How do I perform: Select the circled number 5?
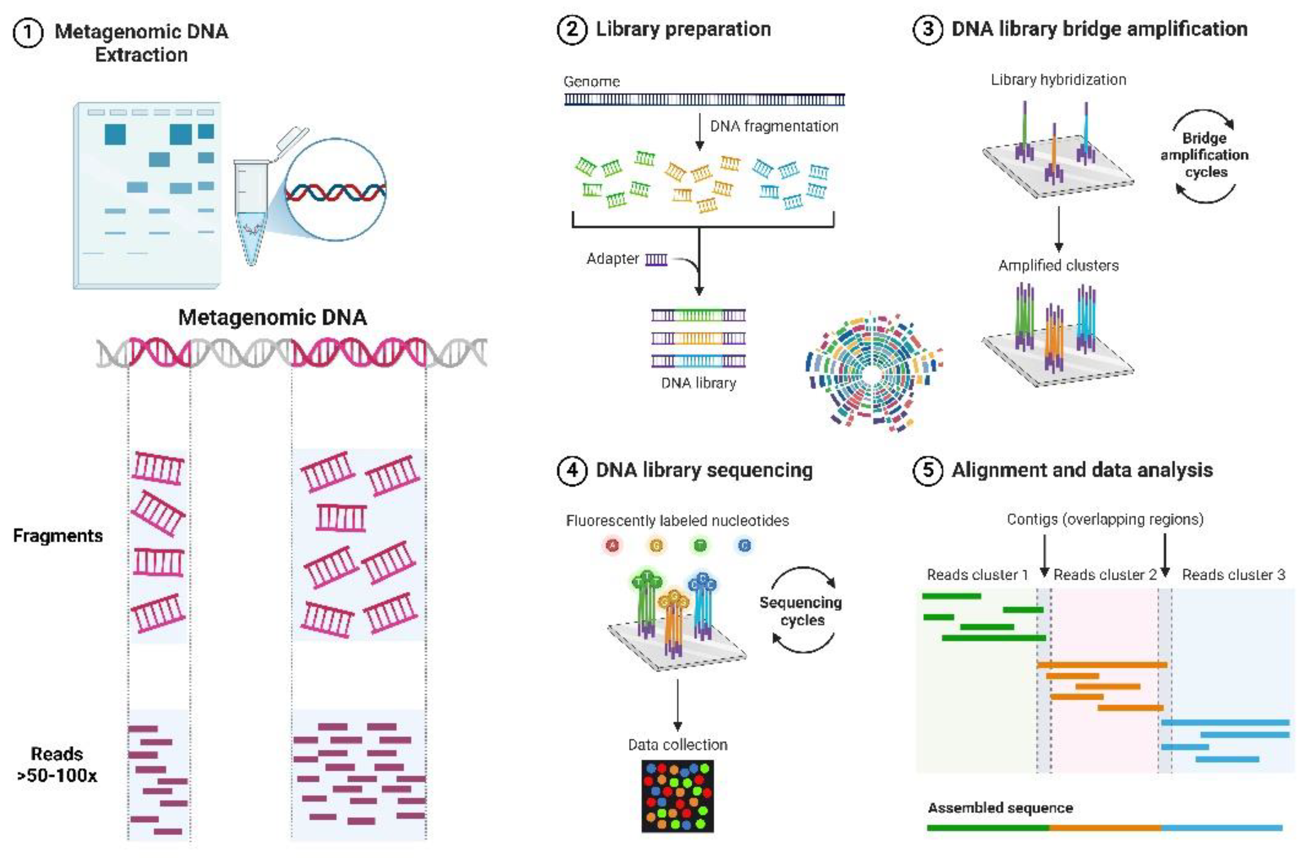(x=927, y=470)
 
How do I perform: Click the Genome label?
(x=591, y=82)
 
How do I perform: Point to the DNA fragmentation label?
(x=774, y=126)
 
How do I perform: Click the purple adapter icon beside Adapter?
(x=656, y=259)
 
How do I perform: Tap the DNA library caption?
(x=699, y=383)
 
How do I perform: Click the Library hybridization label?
(x=1058, y=80)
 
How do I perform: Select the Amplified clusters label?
(x=1058, y=266)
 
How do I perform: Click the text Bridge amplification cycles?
(x=1204, y=155)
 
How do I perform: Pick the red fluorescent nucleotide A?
(x=613, y=545)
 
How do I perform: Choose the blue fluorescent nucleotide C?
(x=744, y=545)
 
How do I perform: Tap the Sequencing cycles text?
(x=801, y=611)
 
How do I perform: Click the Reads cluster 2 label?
(x=1104, y=575)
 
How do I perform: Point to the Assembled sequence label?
(x=1000, y=808)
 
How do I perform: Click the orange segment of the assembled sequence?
(x=1105, y=828)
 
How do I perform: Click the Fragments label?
(x=58, y=536)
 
